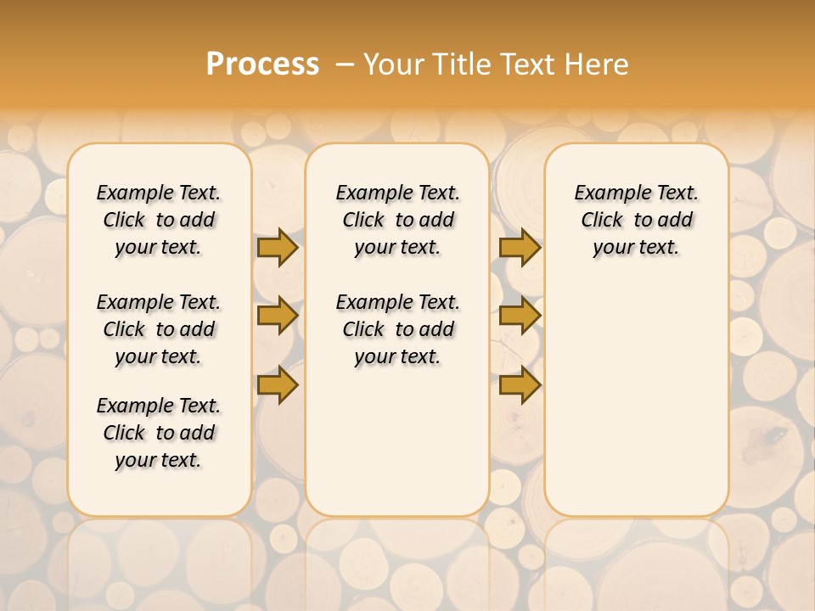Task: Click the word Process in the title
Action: coord(262,64)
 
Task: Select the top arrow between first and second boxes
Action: coord(278,247)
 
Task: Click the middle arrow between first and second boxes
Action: coord(278,316)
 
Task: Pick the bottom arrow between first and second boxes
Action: coord(278,385)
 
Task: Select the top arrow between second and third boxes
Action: coord(520,247)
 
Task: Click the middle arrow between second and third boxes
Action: coord(520,316)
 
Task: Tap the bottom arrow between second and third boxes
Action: coord(520,385)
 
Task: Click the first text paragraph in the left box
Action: coord(159,220)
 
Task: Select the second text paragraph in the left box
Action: coord(159,329)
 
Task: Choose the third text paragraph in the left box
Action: coord(159,433)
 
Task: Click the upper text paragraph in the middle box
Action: coord(397,220)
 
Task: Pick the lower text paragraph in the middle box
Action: coord(397,329)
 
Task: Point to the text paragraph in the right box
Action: coord(636,220)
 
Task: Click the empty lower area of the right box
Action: coord(636,399)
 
